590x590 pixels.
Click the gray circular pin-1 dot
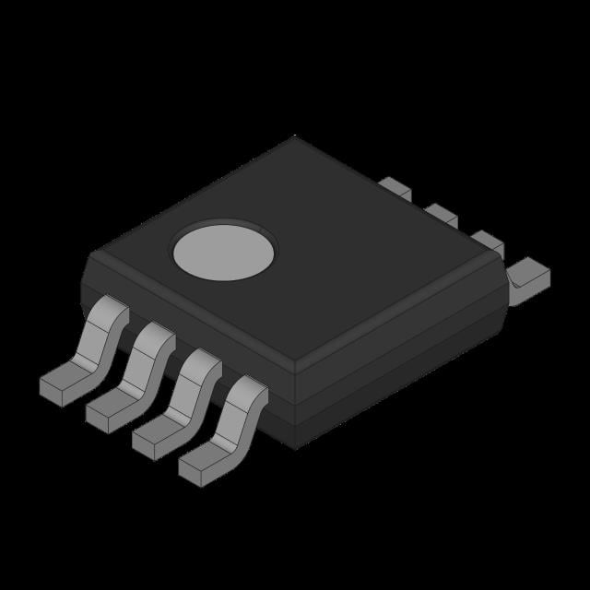tap(224, 251)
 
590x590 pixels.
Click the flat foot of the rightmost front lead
tap(199, 464)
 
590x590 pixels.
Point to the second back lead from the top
tap(441, 216)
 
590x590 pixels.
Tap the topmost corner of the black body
tap(295, 138)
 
